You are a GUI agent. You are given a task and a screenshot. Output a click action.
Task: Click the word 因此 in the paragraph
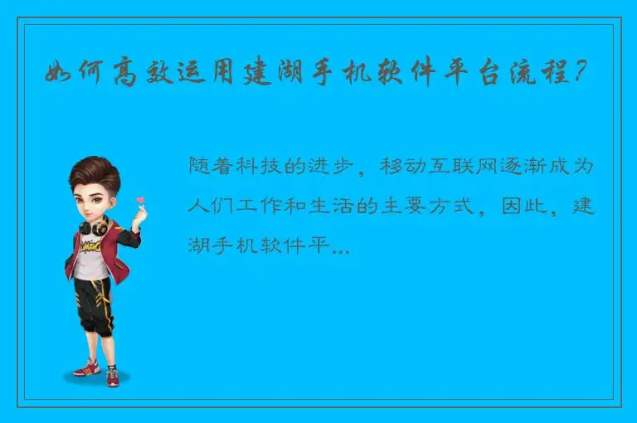(x=523, y=206)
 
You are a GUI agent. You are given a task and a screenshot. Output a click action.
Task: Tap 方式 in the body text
(x=451, y=206)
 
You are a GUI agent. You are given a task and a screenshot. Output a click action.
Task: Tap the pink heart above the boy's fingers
(x=140, y=200)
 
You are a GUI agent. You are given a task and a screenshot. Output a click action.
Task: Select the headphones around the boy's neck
(x=94, y=225)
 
